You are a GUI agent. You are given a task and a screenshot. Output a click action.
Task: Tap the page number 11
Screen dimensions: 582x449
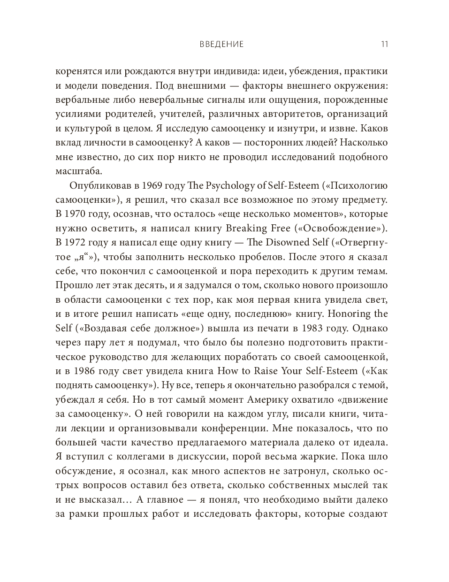pos(384,45)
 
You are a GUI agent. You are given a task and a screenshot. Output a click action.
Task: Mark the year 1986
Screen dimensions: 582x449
pos(91,371)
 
